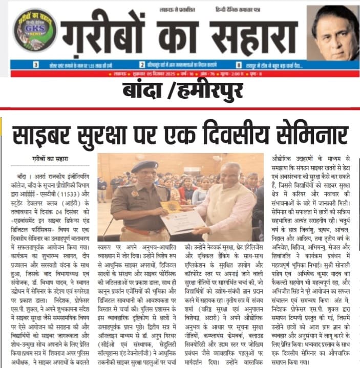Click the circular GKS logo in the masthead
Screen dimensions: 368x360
pos(34,30)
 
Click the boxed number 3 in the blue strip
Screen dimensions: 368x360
pos(36,65)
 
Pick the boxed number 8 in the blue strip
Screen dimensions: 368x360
pos(239,65)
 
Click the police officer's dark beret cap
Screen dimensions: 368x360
pos(144,166)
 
